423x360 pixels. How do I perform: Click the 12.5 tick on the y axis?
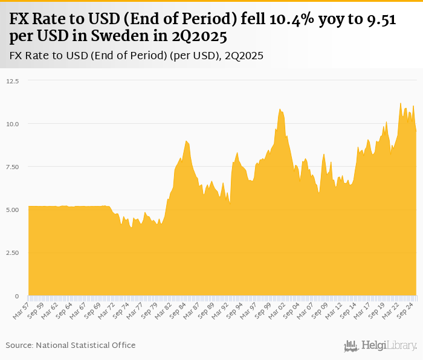click(12, 80)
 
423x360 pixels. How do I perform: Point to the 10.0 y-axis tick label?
click(12, 124)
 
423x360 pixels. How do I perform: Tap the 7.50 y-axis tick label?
click(12, 167)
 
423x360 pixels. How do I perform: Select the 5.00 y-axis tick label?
click(12, 210)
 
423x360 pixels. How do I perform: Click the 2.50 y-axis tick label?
click(12, 253)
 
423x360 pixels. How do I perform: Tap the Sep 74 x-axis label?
click(121, 309)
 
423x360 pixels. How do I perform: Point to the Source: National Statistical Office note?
click(71, 345)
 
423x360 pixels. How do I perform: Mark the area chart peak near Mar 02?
click(280, 109)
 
